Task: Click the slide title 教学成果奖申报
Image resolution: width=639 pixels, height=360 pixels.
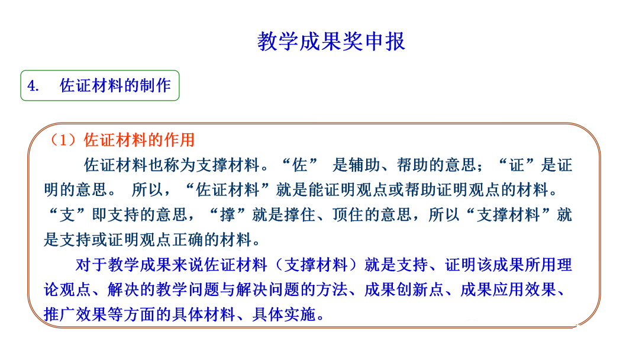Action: [x=331, y=41]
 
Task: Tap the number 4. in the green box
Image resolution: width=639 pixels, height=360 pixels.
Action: [x=33, y=86]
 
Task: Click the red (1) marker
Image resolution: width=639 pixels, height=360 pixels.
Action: [x=63, y=140]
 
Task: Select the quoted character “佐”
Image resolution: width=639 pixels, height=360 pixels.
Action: [x=300, y=165]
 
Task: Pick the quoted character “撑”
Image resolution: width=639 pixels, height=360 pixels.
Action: [x=228, y=215]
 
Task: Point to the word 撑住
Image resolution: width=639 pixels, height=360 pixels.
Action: [x=299, y=215]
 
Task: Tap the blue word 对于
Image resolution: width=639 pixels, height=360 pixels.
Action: [x=91, y=265]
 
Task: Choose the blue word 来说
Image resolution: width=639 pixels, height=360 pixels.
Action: [x=188, y=265]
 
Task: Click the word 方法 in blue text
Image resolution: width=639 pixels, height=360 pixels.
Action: [x=331, y=290]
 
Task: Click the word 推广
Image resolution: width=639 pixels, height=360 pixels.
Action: [x=60, y=315]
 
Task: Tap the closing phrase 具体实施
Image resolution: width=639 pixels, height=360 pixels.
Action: [x=283, y=315]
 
